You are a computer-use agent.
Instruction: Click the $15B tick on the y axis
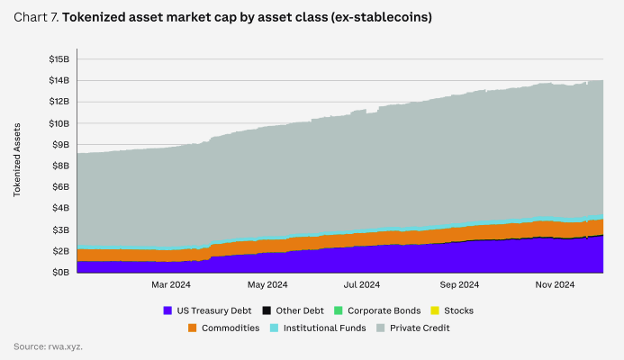coord(59,59)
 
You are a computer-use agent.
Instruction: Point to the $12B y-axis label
coord(59,102)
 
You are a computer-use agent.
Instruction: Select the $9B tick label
coord(59,144)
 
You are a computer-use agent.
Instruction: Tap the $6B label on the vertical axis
coord(59,187)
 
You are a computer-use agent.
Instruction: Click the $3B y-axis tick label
coord(59,229)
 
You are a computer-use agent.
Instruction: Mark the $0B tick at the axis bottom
coord(59,272)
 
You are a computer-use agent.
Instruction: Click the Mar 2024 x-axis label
coord(170,286)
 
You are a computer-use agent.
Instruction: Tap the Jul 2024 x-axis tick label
coord(362,286)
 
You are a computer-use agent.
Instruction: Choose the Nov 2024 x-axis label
coord(555,286)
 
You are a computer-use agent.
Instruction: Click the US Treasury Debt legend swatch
coord(167,310)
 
